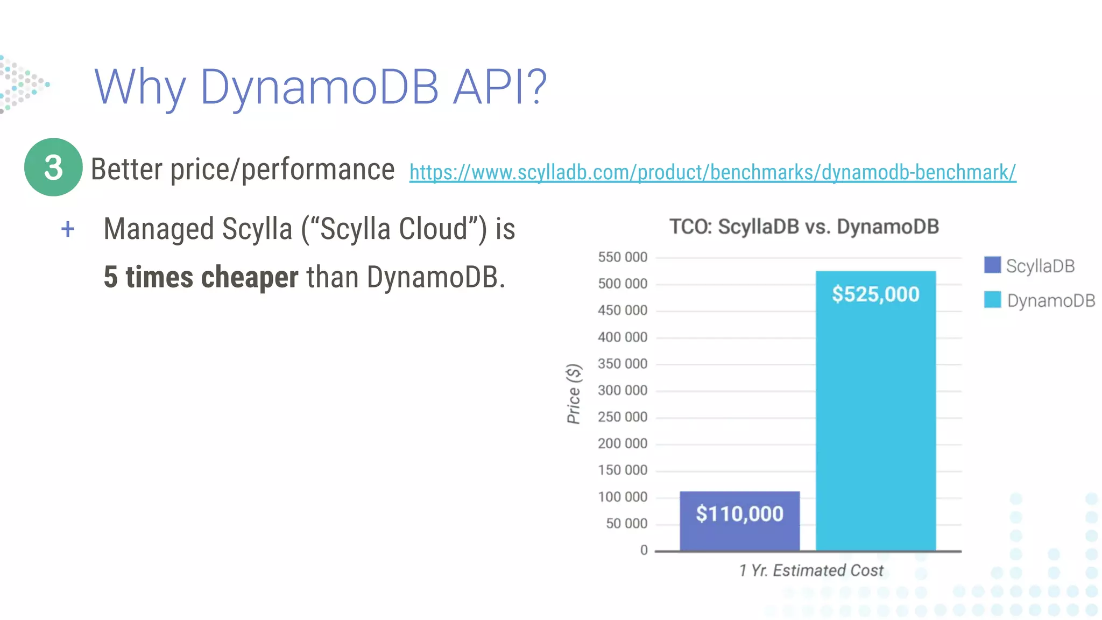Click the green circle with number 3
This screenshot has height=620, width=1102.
53,167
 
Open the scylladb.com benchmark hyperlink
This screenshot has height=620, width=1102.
712,172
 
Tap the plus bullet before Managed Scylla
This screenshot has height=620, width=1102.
68,229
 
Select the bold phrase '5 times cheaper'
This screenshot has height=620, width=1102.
201,277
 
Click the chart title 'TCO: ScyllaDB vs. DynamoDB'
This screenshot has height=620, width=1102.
804,227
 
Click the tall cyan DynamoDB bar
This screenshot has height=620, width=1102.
875,420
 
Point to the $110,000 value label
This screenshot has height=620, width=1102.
739,514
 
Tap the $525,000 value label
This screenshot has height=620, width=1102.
875,294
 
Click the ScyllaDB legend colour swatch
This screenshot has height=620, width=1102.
992,265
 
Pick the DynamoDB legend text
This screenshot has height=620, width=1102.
1050,300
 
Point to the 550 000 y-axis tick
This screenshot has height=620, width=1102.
623,257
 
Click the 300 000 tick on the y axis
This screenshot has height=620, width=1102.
623,390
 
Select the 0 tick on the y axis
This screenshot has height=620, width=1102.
644,550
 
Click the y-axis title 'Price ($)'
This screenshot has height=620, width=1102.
574,393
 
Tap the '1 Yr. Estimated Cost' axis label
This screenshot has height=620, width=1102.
811,570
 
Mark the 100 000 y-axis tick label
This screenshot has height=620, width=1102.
623,497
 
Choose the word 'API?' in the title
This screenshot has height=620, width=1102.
499,87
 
